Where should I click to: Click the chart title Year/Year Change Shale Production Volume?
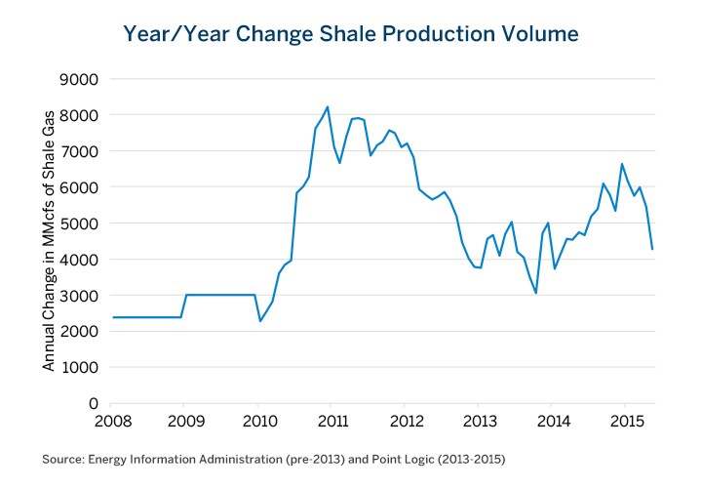tap(351, 34)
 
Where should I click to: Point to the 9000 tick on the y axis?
tap(86, 79)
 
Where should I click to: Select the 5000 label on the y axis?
tap(86, 224)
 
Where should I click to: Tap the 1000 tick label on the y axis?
tap(86, 368)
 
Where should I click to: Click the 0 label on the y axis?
tap(96, 404)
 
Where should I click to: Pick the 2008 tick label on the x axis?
tap(110, 422)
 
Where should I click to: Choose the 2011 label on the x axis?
tap(331, 422)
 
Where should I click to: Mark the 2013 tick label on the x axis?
tap(478, 422)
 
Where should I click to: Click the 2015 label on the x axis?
tap(624, 422)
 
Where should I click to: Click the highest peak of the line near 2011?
tap(328, 106)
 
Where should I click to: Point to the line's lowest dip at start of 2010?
tap(259, 321)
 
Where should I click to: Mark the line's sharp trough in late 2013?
tap(536, 293)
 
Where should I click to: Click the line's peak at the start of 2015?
tap(622, 164)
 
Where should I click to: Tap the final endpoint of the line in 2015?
tap(652, 249)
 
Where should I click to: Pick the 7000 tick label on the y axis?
tap(86, 151)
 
